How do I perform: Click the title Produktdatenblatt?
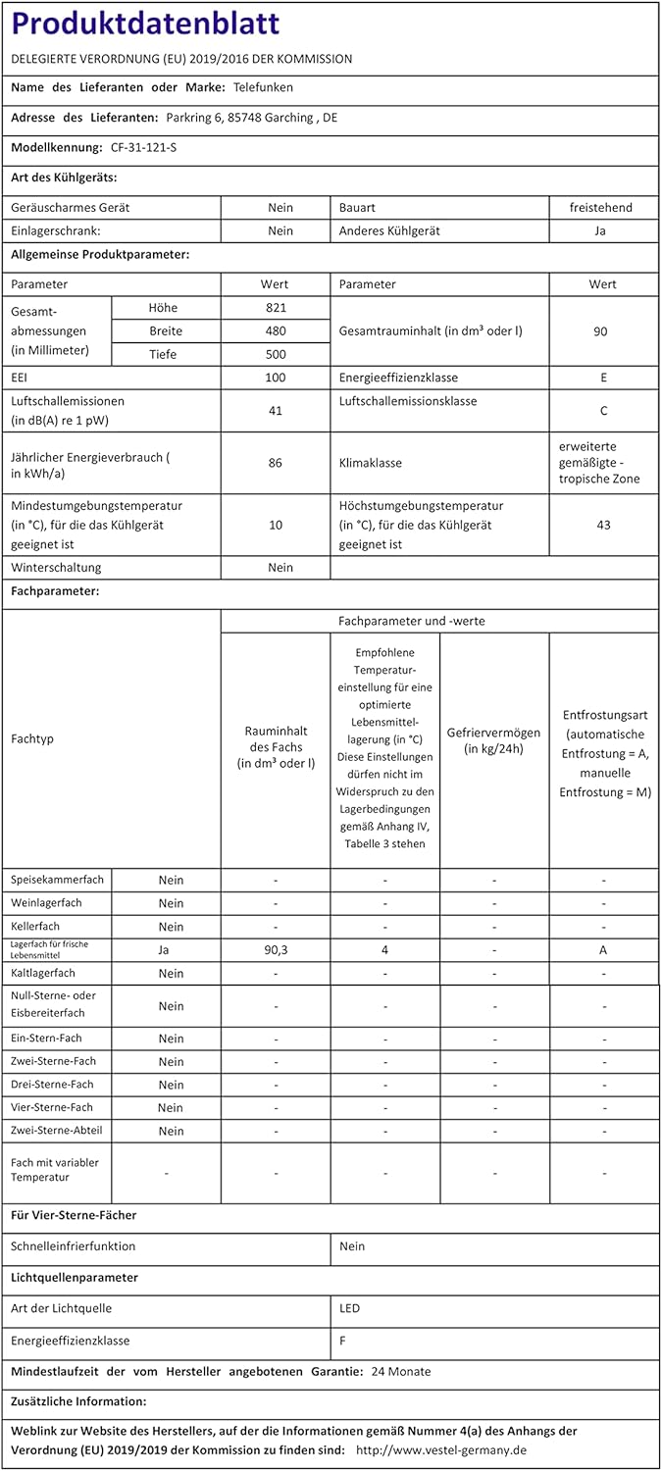click(x=145, y=24)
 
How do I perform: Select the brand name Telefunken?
click(x=263, y=87)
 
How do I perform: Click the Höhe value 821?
click(x=276, y=308)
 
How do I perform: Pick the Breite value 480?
click(x=276, y=331)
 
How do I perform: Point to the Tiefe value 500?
click(x=276, y=355)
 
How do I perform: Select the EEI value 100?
click(x=276, y=378)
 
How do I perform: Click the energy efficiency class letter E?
click(x=603, y=378)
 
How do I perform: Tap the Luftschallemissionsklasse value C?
click(x=603, y=411)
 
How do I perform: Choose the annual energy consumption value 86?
click(x=276, y=462)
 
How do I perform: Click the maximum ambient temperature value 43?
click(x=603, y=525)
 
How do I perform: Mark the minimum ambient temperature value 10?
click(x=276, y=525)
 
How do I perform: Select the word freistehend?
click(x=601, y=208)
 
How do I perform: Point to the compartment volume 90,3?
click(x=276, y=950)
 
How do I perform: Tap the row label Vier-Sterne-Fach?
click(x=52, y=1107)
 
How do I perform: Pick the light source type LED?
click(x=349, y=1308)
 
